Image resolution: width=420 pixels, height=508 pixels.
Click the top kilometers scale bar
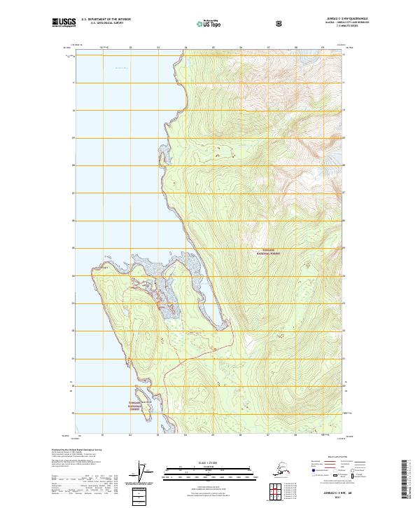[x=209, y=468]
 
